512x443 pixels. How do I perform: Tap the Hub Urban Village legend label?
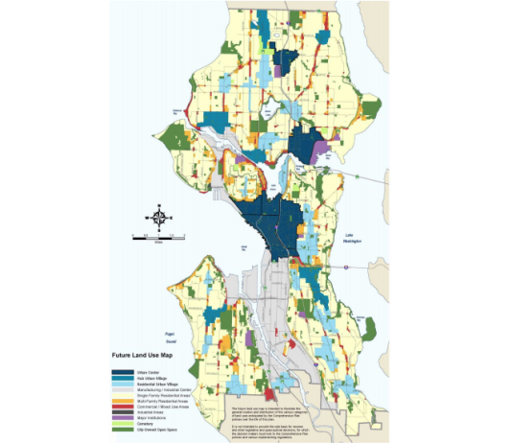[149, 379]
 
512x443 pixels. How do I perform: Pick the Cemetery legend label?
[146, 424]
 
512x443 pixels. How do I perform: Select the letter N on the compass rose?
[159, 205]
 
